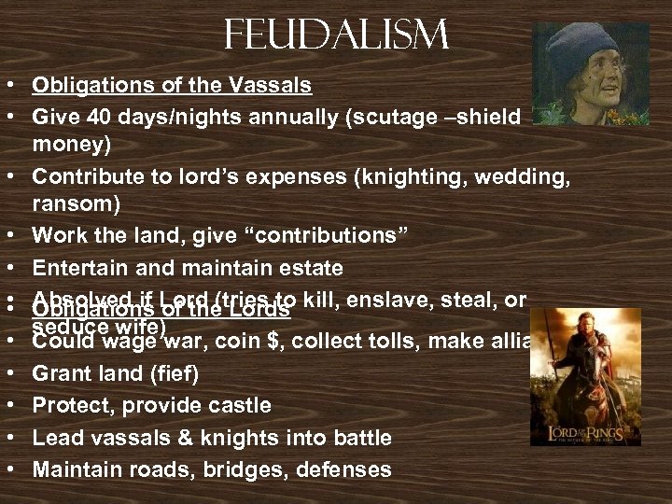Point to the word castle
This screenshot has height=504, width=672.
pos(239,405)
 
